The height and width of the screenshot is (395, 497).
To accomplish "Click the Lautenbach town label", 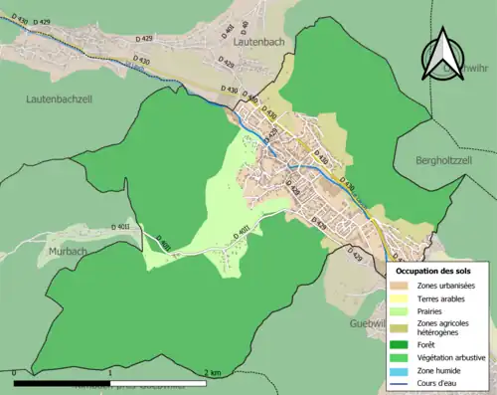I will point(260,43).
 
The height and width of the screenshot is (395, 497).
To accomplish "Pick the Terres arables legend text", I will point(443,298).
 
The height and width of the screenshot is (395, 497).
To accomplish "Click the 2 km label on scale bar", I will point(213,372).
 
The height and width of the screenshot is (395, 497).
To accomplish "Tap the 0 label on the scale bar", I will point(14,372).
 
